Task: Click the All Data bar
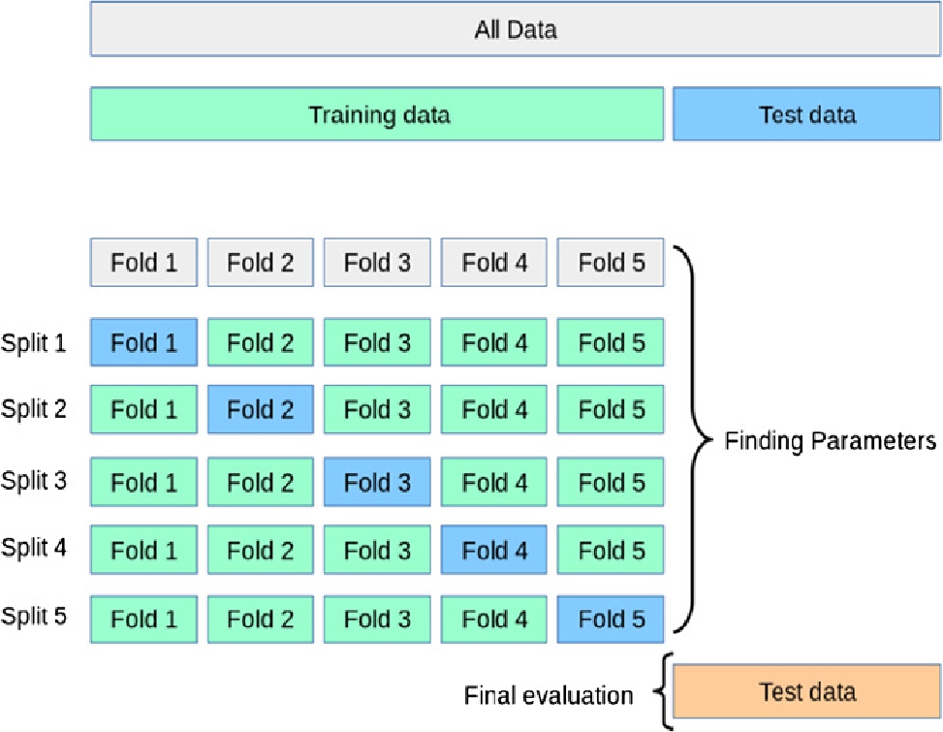tap(516, 30)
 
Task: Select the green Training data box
tap(378, 114)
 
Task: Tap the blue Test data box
tap(806, 114)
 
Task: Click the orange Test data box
tap(806, 691)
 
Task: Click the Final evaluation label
tap(549, 695)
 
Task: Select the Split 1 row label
tap(34, 343)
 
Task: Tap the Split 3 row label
tap(34, 480)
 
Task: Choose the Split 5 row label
tap(34, 616)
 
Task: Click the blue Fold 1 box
tap(143, 343)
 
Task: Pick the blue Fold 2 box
tap(261, 410)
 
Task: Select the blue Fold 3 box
tap(377, 482)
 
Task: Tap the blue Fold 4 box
tap(494, 550)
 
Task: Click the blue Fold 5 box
tap(611, 619)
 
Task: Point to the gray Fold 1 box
tap(143, 263)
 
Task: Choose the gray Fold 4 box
tap(494, 263)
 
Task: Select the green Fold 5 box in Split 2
tap(611, 410)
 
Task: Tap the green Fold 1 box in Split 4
tap(143, 550)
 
